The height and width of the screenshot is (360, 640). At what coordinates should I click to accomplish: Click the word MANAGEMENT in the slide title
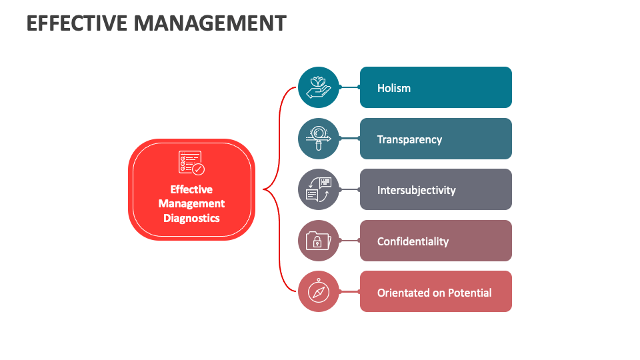point(210,23)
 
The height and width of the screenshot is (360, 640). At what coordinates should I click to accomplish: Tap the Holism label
point(394,88)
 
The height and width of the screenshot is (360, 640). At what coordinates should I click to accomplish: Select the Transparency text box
point(409,139)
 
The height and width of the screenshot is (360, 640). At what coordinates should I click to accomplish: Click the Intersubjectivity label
point(416,190)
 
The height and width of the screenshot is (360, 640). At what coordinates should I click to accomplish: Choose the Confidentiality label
point(413,241)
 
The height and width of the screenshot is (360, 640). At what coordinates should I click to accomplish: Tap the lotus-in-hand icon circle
point(319,87)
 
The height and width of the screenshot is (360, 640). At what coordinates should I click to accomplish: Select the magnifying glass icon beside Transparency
point(319,139)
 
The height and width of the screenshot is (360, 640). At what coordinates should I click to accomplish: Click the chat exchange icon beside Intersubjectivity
point(319,189)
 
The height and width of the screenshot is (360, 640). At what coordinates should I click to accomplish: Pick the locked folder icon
point(319,241)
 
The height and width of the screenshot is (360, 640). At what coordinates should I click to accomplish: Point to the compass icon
point(319,291)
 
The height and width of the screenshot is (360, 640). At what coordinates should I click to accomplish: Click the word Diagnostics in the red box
point(191,218)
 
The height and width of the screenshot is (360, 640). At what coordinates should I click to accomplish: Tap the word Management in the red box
point(191,203)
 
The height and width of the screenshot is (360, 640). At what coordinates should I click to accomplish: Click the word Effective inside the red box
point(191,189)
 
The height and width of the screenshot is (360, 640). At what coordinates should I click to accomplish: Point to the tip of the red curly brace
point(265,189)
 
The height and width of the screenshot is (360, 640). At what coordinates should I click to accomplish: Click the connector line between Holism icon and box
point(349,87)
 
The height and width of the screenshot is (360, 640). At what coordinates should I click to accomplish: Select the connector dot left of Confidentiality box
point(359,241)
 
